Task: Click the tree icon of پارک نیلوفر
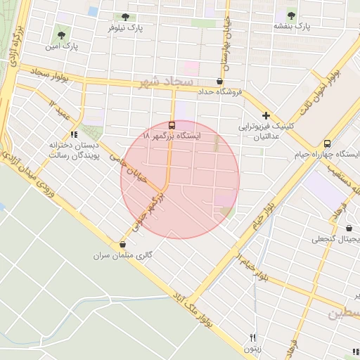(x=125, y=17)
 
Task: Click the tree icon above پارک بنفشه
(x=292, y=15)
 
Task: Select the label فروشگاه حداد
(x=219, y=92)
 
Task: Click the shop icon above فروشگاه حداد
(x=219, y=82)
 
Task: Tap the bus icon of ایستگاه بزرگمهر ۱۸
(x=173, y=124)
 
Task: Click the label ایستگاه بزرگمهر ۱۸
(x=172, y=135)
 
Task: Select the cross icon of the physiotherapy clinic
(x=266, y=115)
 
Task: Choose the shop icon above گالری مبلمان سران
(x=124, y=245)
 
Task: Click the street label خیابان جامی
(x=127, y=169)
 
